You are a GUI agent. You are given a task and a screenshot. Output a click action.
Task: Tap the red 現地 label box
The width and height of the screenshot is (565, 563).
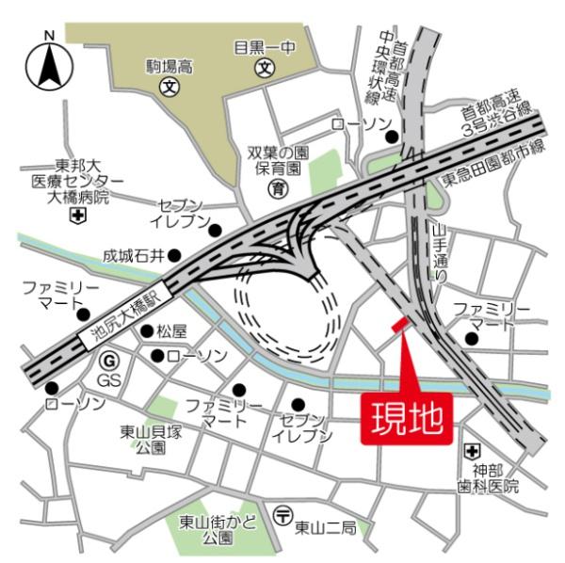click(x=406, y=415)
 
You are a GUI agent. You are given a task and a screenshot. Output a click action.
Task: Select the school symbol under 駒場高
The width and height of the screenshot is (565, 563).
click(x=170, y=88)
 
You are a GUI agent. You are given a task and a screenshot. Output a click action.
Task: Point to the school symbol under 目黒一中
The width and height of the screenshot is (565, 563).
click(x=266, y=68)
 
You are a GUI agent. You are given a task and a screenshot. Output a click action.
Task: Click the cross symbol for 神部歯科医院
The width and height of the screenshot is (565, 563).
click(x=476, y=451)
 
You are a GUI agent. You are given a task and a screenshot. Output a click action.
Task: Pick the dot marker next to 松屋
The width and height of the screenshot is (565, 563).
click(x=147, y=330)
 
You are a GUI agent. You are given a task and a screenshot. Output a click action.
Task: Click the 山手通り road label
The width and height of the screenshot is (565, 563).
click(x=439, y=253)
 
